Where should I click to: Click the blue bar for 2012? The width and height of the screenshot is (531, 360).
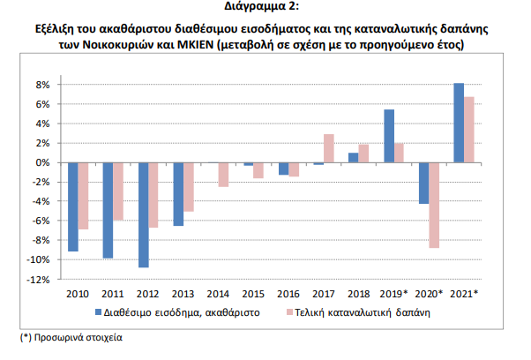point(144,214)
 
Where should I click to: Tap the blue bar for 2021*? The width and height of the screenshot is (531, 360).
point(459,123)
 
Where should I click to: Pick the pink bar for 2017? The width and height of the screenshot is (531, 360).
point(329,148)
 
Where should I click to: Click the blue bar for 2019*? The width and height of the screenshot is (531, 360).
point(389,136)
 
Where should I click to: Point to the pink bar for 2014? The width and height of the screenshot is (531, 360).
point(224,175)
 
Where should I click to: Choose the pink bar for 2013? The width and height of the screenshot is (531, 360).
point(190,187)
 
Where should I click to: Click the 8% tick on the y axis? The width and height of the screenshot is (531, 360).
point(41,85)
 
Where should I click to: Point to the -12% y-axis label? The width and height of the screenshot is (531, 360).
point(38,280)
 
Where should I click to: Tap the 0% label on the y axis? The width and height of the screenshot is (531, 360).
point(41,162)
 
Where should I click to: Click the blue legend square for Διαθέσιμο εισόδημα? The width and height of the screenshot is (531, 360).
point(99,311)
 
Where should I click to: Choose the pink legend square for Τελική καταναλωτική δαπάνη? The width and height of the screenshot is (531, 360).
point(288,311)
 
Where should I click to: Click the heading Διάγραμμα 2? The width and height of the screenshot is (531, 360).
point(265,8)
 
